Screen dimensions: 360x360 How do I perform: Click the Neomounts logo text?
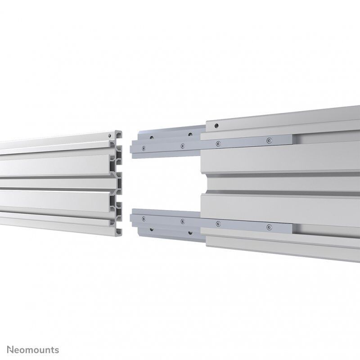click(x=30, y=350)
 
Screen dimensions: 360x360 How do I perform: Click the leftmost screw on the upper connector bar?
click(x=143, y=148)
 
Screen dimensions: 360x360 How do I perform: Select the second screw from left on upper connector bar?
click(x=182, y=146)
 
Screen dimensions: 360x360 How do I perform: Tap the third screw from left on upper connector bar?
click(x=218, y=144)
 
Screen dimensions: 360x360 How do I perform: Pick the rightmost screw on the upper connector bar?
click(x=269, y=141)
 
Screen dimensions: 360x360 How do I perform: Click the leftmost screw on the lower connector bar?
click(x=143, y=219)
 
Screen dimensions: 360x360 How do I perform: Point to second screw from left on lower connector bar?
click(x=182, y=221)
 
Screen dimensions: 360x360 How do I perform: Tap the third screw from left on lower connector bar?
click(x=218, y=224)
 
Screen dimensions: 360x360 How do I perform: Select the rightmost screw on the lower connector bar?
click(x=269, y=227)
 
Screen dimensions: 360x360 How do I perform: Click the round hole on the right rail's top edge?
click(x=216, y=126)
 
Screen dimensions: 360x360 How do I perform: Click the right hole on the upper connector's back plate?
click(x=190, y=134)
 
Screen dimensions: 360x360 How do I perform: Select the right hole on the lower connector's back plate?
click(x=190, y=234)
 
